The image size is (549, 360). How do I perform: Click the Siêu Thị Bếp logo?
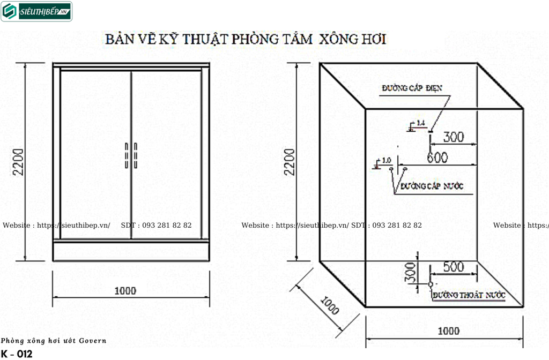pyautogui.click(x=36, y=11)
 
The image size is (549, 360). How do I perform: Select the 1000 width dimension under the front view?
pyautogui.click(x=125, y=291)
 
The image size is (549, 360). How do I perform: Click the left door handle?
pyautogui.click(x=127, y=156)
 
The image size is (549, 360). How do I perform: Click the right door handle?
pyautogui.click(x=135, y=156)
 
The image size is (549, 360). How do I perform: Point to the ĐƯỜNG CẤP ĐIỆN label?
pyautogui.click(x=412, y=88)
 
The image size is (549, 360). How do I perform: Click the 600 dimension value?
pyautogui.click(x=437, y=158)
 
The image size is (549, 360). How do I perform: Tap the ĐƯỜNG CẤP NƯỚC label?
pyautogui.click(x=432, y=186)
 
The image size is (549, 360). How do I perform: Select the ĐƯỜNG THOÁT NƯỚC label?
pyautogui.click(x=469, y=295)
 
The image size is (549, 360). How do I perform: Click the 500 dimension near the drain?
pyautogui.click(x=454, y=267)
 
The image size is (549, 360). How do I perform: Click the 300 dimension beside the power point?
pyautogui.click(x=454, y=137)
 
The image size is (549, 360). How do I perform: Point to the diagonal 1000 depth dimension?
pyautogui.click(x=330, y=305)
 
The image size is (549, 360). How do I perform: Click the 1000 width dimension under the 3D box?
pyautogui.click(x=448, y=331)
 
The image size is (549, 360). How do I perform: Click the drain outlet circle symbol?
pyautogui.click(x=431, y=284)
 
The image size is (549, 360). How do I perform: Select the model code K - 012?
pyautogui.click(x=17, y=354)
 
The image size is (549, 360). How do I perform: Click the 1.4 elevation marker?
pyautogui.click(x=420, y=124)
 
